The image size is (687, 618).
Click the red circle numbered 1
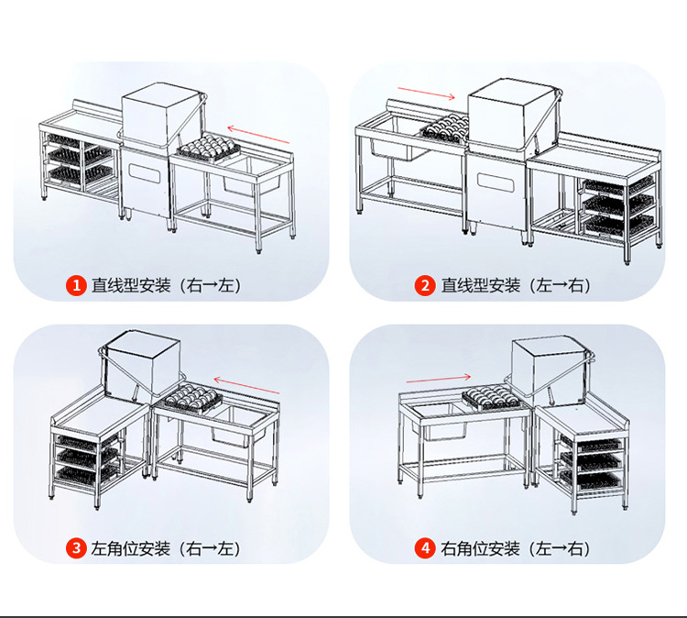(x=76, y=285)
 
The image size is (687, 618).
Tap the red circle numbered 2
(x=425, y=285)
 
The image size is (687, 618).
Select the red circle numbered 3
(x=76, y=548)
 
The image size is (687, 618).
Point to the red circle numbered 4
(x=425, y=548)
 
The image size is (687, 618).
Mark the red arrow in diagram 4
(x=438, y=376)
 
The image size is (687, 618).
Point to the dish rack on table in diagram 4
(x=492, y=396)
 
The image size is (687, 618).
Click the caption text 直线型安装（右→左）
(x=165, y=285)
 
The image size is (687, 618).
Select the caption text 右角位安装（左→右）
(x=515, y=548)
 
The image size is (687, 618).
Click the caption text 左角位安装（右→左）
(x=165, y=548)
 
